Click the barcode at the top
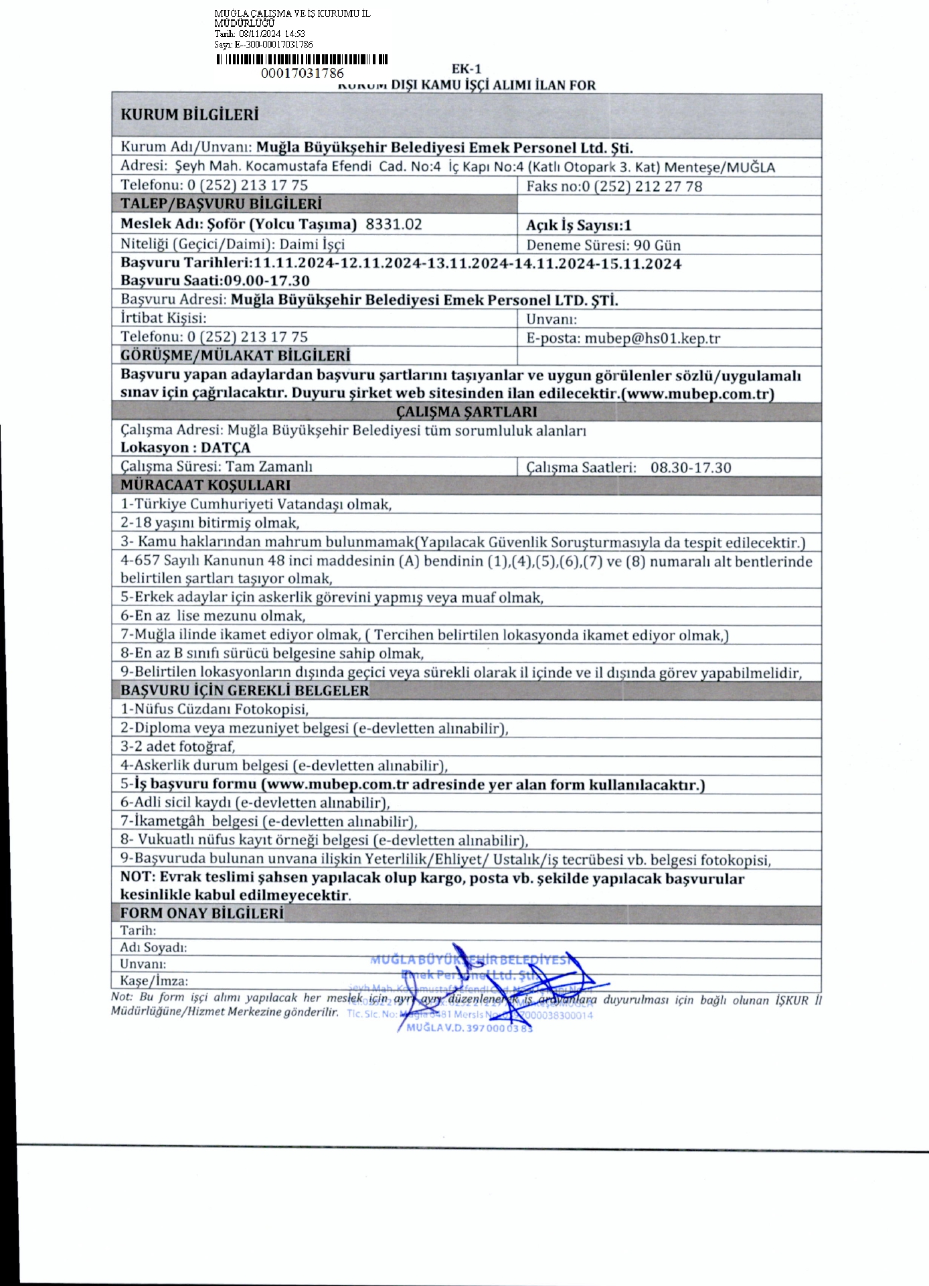pos(302,59)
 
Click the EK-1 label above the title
pos(467,69)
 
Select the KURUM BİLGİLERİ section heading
pos(189,115)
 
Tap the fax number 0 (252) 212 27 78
pos(642,186)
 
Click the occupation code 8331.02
pos(394,224)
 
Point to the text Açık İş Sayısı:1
pos(578,226)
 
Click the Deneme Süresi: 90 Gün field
pos(603,245)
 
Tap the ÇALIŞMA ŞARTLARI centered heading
pos(466,412)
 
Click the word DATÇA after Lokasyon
pos(226,448)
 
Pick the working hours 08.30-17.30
pos(691,468)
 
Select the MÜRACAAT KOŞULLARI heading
pos(205,485)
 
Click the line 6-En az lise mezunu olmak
pos(213,616)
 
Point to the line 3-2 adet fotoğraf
pos(178,746)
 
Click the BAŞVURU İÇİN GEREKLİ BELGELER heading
pos(244,691)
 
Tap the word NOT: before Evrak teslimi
pos(138,877)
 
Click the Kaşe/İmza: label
pos(154,981)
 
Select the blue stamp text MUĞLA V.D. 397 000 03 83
pos(469,1028)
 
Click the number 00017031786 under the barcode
pos(302,73)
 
